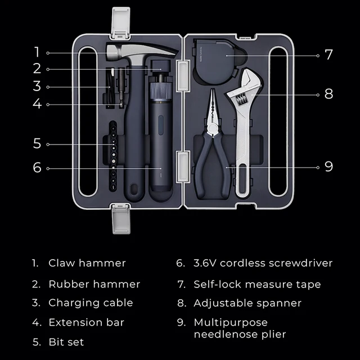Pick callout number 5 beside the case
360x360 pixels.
(x=37, y=144)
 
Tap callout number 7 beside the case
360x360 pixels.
(x=328, y=55)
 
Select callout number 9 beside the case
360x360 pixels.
(x=328, y=166)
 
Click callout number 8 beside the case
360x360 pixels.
(x=328, y=94)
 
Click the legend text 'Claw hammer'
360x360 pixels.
(x=87, y=263)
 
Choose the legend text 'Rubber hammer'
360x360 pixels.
(x=94, y=284)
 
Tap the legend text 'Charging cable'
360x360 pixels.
(x=91, y=303)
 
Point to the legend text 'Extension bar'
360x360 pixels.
(x=86, y=322)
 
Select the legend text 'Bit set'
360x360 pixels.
(x=66, y=341)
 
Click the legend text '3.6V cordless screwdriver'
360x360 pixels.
(x=263, y=263)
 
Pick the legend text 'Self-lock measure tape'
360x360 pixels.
(x=257, y=284)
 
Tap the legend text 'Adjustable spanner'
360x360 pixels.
(x=247, y=303)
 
